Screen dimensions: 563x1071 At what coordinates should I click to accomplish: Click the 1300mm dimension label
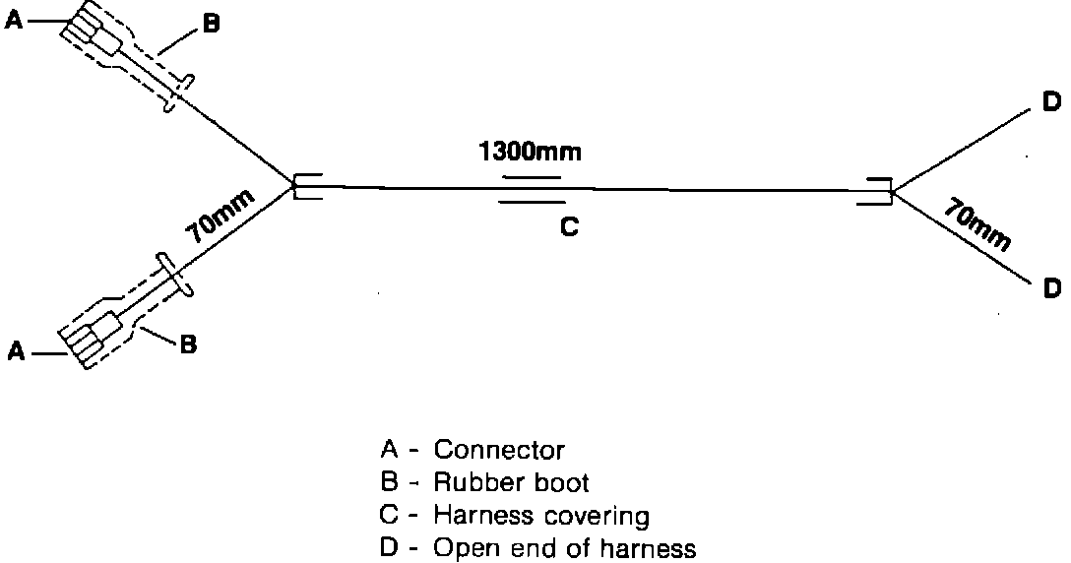[x=530, y=153]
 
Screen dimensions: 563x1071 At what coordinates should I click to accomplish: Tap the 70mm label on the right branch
[x=976, y=225]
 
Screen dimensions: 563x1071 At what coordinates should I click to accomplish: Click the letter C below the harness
[x=569, y=226]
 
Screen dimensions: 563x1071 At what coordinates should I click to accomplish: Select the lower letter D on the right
[x=1051, y=287]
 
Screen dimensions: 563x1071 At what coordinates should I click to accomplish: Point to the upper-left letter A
[x=14, y=21]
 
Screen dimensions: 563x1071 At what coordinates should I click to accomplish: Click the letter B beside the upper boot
[x=211, y=26]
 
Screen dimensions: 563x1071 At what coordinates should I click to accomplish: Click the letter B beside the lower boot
[x=187, y=344]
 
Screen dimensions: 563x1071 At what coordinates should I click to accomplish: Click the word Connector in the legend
[x=499, y=451]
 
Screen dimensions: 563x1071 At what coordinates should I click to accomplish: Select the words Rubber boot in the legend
[x=511, y=482]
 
